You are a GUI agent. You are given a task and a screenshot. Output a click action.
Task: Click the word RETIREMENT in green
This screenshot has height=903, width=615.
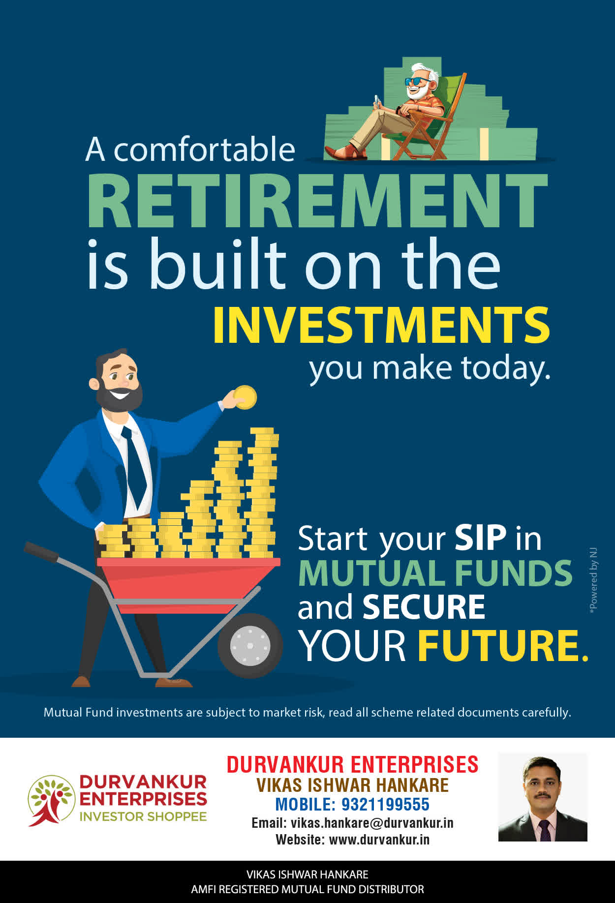(317, 200)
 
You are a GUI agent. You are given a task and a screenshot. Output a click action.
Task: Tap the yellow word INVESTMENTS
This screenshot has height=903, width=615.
(381, 325)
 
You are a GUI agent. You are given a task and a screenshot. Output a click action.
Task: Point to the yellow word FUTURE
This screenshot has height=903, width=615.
(503, 645)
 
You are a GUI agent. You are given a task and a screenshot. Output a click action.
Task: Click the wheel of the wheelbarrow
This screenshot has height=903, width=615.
(250, 645)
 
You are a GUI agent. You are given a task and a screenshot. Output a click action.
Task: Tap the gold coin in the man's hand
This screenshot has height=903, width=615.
(245, 397)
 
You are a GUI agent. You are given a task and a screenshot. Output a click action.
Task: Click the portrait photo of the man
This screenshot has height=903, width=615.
(543, 797)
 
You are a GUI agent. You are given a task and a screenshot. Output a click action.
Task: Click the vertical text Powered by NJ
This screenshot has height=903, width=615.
(593, 580)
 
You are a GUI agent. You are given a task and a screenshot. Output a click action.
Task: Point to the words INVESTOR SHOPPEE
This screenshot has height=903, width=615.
(143, 816)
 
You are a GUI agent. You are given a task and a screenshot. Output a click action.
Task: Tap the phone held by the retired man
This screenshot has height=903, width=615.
(377, 100)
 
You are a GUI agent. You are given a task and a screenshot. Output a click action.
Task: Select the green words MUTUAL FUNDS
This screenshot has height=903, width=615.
(435, 573)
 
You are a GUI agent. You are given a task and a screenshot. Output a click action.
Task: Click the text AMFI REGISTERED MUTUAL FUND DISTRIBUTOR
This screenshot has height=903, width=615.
(307, 889)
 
